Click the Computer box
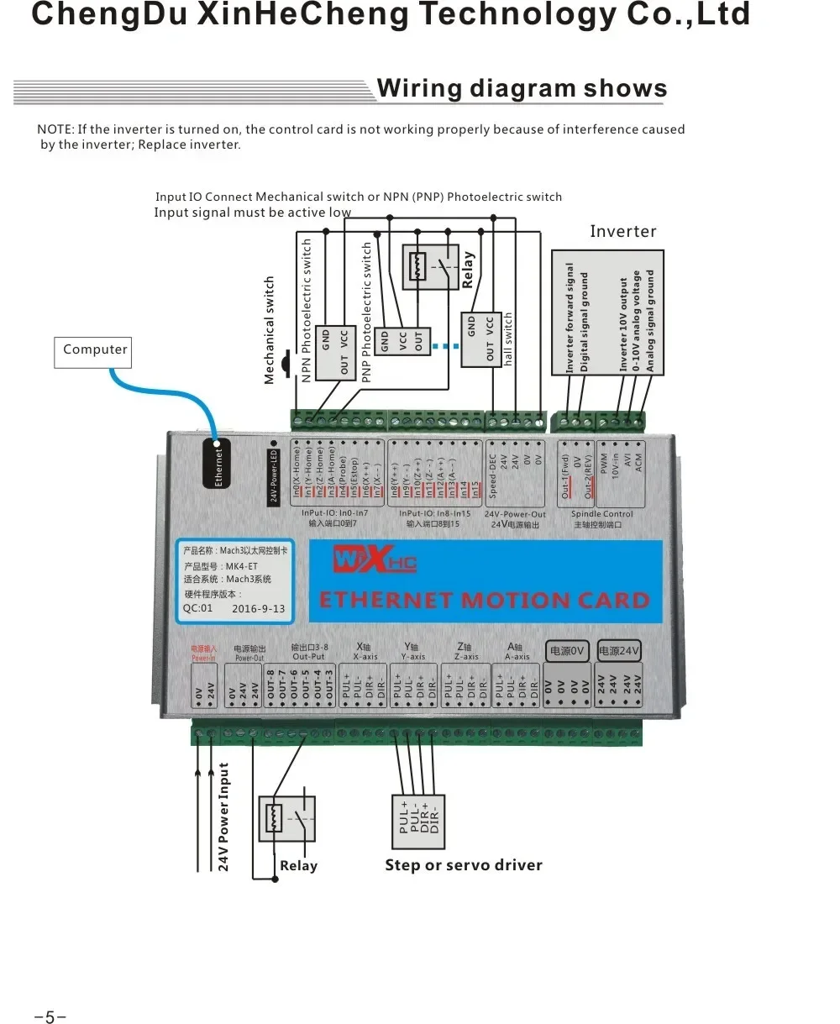[x=95, y=350]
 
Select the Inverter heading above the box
[x=622, y=231]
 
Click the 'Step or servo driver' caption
[x=464, y=865]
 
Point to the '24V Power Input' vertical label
[x=224, y=817]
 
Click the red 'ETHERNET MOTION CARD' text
[x=485, y=601]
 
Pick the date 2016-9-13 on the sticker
[x=258, y=609]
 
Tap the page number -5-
[x=50, y=1017]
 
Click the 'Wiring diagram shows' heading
[x=522, y=88]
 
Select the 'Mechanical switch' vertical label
[x=270, y=330]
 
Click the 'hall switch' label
[x=508, y=339]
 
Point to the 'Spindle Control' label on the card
[x=601, y=514]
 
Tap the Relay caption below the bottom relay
[x=298, y=866]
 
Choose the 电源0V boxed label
[x=567, y=651]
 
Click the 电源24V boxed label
[x=620, y=651]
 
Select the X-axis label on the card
[x=365, y=657]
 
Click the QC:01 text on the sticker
[x=198, y=609]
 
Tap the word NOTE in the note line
[x=55, y=129]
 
